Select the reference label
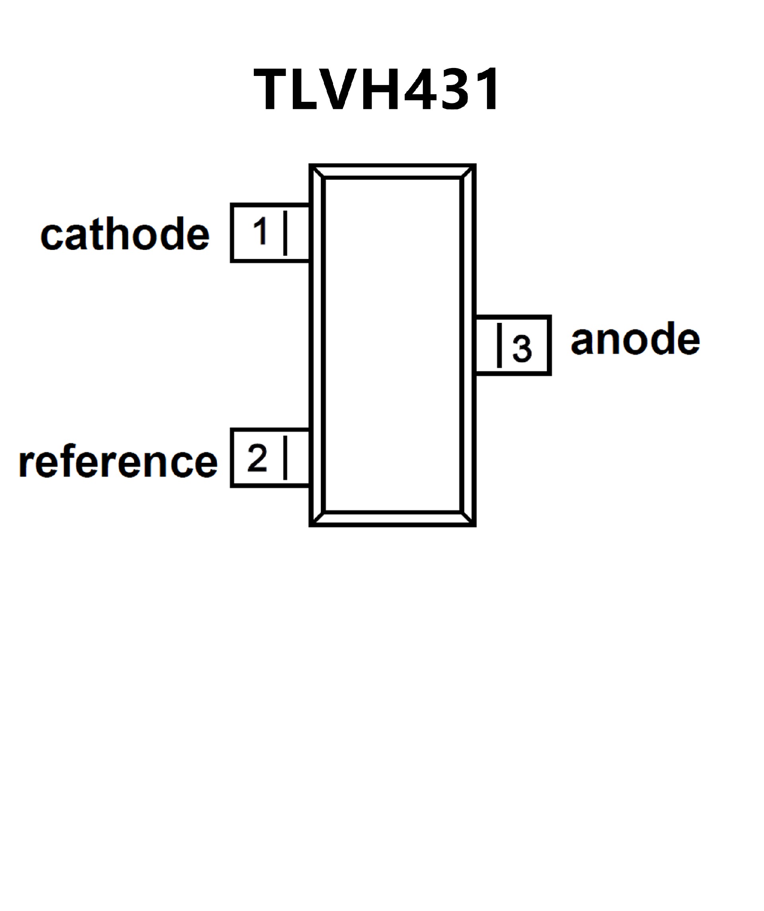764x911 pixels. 118,462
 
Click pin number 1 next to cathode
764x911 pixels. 261,231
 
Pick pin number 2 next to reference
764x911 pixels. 257,458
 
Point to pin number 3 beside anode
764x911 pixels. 522,348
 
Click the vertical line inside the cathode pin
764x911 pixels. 285,233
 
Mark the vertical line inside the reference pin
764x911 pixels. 285,458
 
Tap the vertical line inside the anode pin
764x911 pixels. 499,345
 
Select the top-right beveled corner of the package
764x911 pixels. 468,172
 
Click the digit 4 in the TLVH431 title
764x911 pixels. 420,90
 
